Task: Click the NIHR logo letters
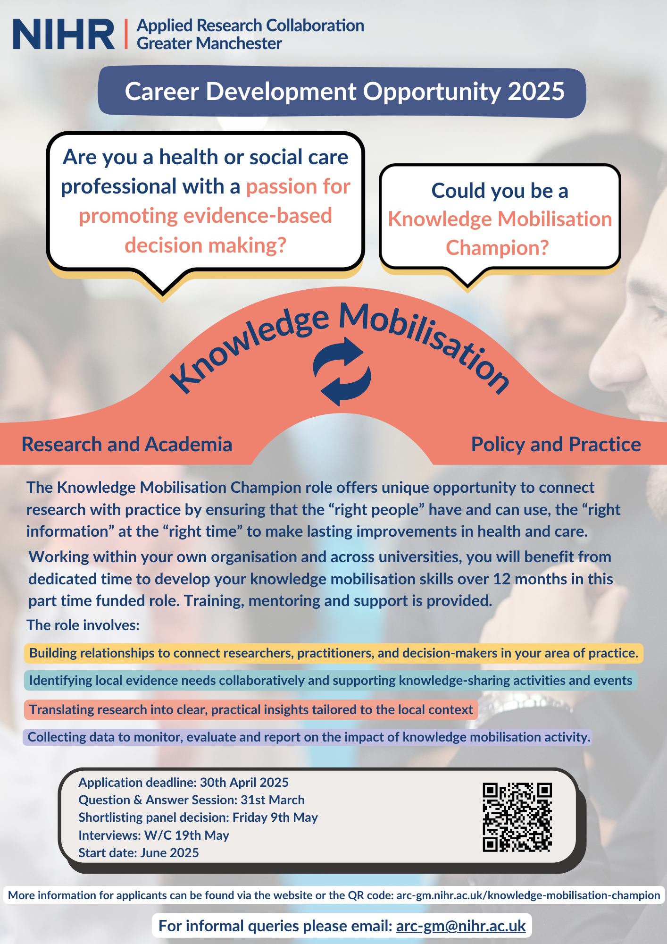tap(64, 34)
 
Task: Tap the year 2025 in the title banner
tap(536, 92)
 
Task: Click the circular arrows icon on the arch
tap(342, 371)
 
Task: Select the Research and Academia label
tap(127, 445)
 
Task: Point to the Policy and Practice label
tap(556, 445)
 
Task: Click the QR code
tap(517, 818)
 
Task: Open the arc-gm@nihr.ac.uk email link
tap(461, 926)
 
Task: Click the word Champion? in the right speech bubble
tap(497, 247)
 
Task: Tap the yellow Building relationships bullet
tap(333, 653)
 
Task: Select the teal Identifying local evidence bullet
tap(330, 681)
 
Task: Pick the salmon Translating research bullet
tap(251, 710)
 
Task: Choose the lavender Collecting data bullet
tap(309, 737)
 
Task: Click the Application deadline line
tap(183, 783)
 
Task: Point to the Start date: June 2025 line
tap(139, 853)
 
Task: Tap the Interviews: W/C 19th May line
tap(154, 835)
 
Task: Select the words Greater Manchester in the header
tap(209, 44)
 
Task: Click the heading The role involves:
tap(83, 625)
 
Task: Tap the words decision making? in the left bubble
tap(206, 245)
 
